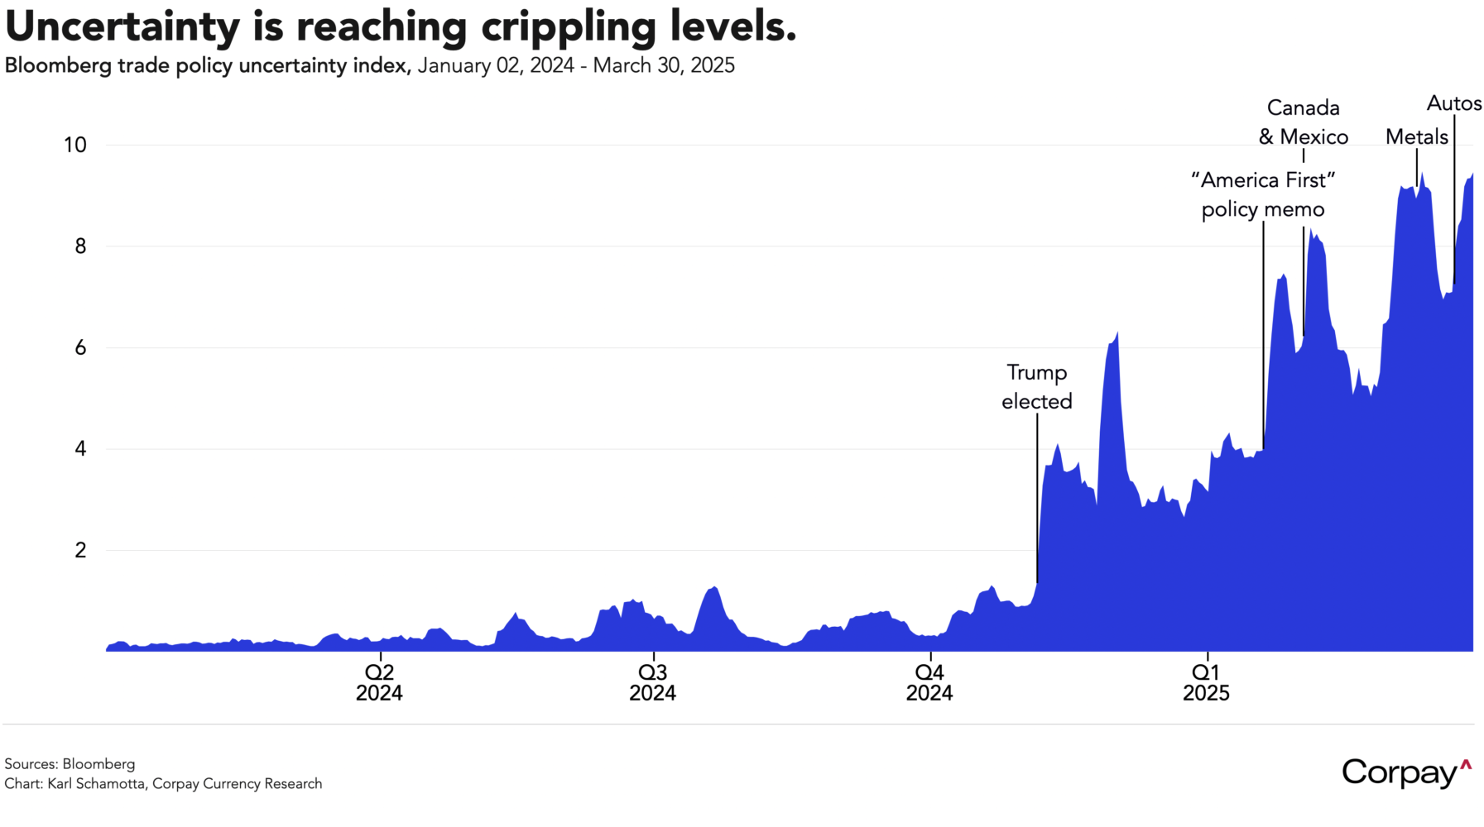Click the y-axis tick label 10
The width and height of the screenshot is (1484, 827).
tap(74, 145)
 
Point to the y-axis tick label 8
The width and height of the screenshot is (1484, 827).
tap(80, 246)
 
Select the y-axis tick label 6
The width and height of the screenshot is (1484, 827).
tap(80, 347)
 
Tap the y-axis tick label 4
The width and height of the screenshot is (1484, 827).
tap(80, 449)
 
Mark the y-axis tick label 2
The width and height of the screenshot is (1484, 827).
tap(80, 550)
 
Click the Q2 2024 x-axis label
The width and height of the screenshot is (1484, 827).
tap(379, 681)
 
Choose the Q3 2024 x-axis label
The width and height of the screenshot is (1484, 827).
tap(652, 681)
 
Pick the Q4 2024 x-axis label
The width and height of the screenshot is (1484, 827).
tap(929, 681)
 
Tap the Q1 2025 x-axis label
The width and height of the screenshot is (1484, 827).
tap(1206, 681)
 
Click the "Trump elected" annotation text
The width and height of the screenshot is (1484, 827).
tap(1036, 387)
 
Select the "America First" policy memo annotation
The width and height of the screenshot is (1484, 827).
tap(1263, 194)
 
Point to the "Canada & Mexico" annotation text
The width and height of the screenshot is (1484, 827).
tap(1304, 122)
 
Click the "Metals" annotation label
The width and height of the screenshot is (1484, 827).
tap(1417, 136)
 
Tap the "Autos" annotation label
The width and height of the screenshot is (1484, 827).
tap(1454, 103)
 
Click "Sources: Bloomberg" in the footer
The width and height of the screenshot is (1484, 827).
tap(70, 763)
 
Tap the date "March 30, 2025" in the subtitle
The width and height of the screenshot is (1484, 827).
tap(664, 65)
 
